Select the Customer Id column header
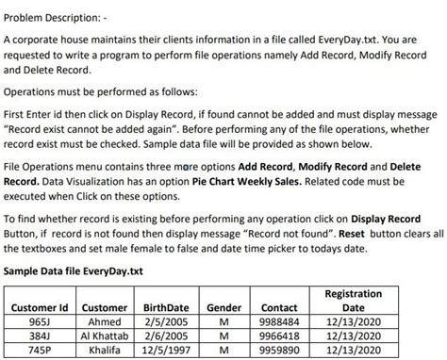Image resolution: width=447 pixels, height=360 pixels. coord(39,307)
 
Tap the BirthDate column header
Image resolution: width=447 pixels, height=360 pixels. coord(166,307)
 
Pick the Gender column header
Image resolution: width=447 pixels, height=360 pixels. coord(223,307)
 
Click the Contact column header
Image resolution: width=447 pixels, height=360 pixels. coord(279,307)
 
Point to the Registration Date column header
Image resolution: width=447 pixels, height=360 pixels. coord(352,301)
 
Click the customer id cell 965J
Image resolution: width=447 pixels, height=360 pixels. coord(39,322)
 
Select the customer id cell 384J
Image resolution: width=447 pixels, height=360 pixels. coord(39,335)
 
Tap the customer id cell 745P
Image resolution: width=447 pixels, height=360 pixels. coord(39,349)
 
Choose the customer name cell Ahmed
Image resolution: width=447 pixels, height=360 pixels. coord(105,322)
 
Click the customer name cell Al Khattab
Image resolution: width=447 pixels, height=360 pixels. coord(105,335)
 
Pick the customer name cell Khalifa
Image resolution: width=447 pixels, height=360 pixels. coord(105,349)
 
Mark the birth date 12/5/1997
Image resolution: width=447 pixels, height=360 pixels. coord(166,349)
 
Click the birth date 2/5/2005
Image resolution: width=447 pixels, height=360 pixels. coord(166,322)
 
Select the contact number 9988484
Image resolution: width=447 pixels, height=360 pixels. coord(279,322)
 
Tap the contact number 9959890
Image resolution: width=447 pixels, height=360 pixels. coord(279,349)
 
